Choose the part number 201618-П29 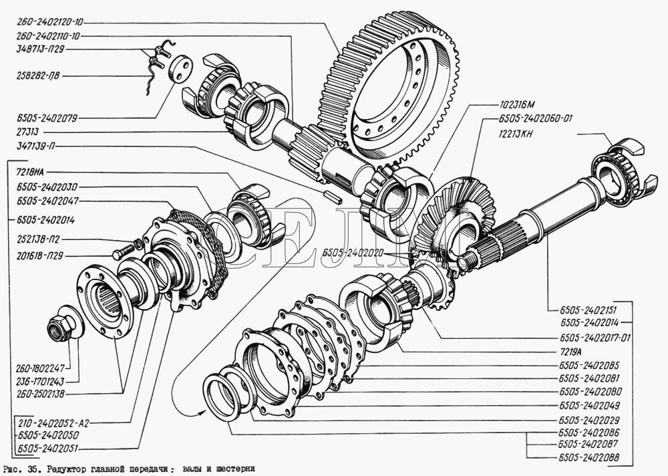click(38, 255)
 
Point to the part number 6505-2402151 click(580, 310)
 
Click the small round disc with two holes click(180, 68)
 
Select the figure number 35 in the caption click(31, 469)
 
